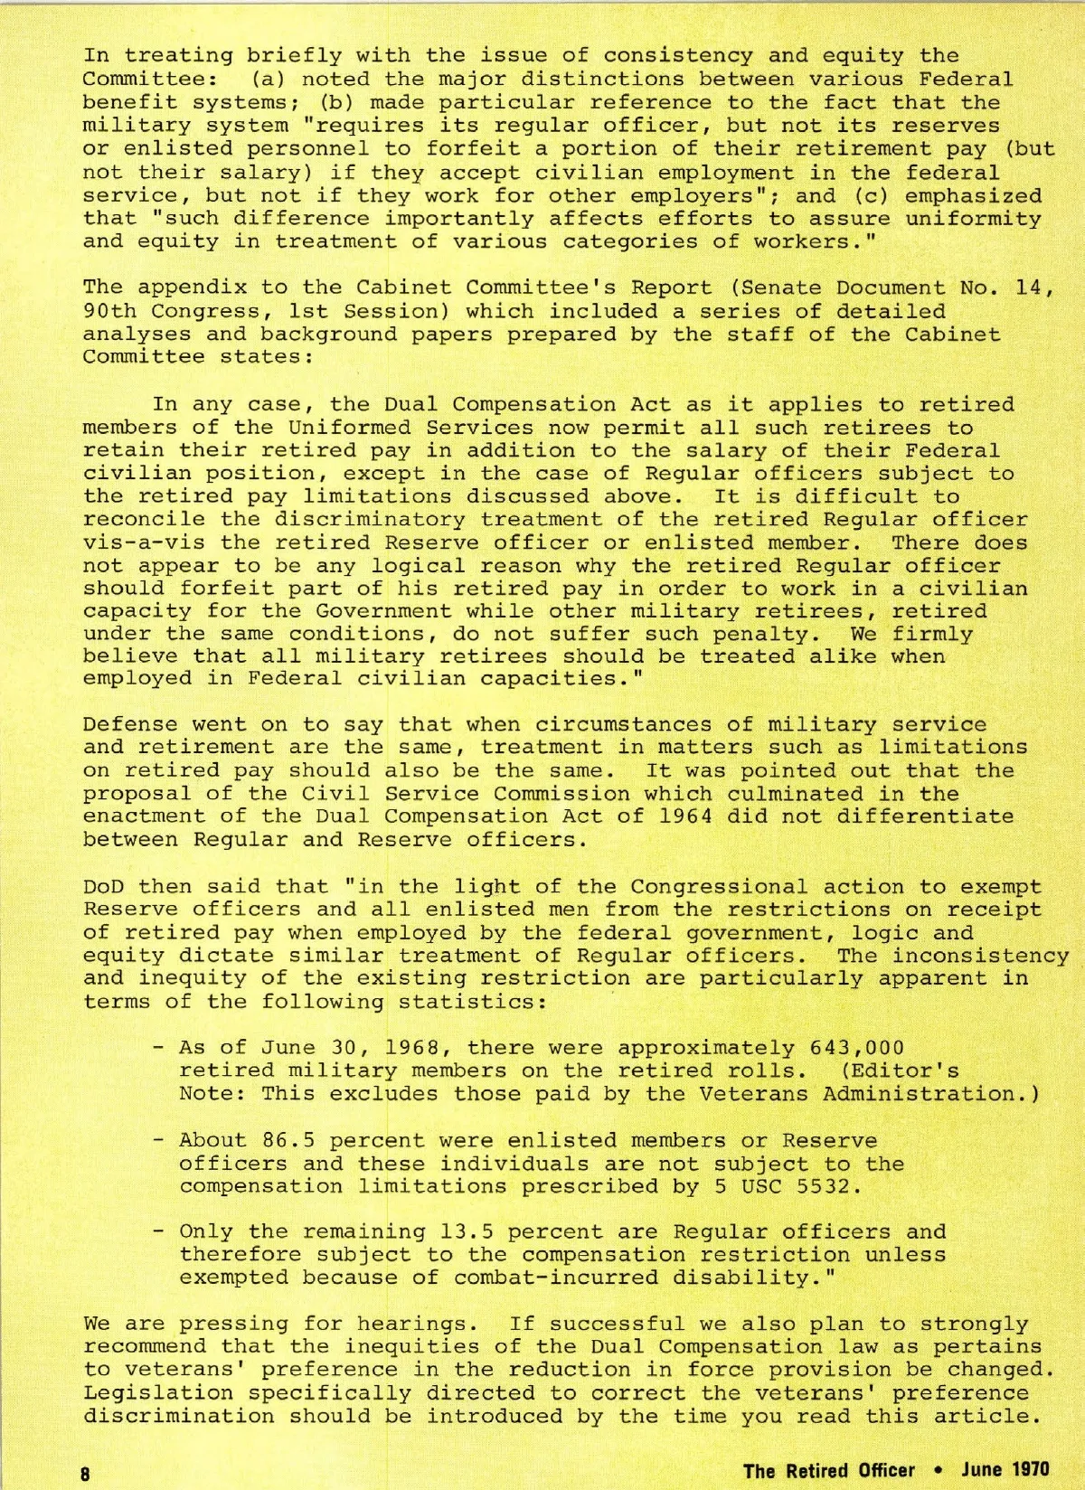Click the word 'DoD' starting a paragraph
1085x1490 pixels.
coord(103,887)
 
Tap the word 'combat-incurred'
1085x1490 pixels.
coord(555,1278)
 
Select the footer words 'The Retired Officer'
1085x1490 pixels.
coord(828,1469)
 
